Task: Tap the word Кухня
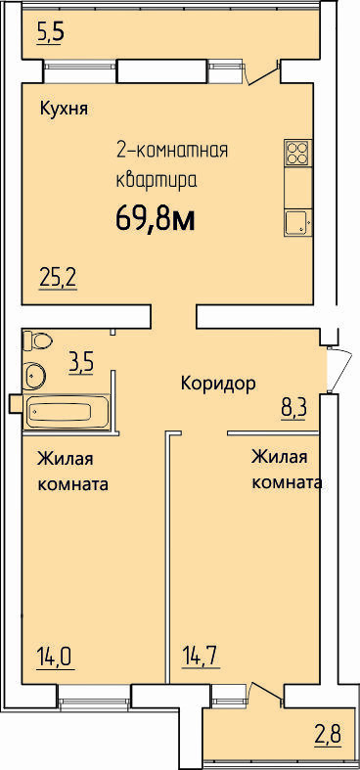click(x=64, y=109)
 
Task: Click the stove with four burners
click(x=298, y=153)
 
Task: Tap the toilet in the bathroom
click(x=37, y=340)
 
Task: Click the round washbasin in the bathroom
click(x=34, y=376)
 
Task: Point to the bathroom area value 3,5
click(x=81, y=365)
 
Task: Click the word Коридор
click(x=218, y=384)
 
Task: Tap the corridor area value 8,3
click(x=293, y=408)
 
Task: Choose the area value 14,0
click(x=56, y=657)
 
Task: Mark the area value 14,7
click(x=202, y=657)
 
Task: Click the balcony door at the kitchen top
click(x=262, y=72)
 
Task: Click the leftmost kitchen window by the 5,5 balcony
click(x=79, y=71)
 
